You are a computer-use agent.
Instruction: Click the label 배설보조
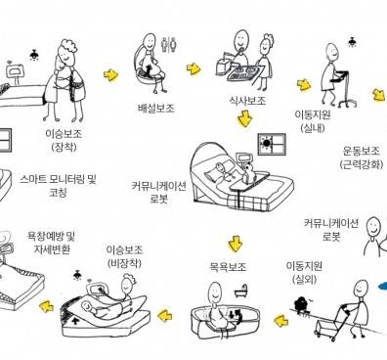pyautogui.click(x=156, y=108)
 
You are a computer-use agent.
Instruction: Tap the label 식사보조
pyautogui.click(x=247, y=100)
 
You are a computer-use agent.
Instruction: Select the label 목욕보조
pyautogui.click(x=228, y=267)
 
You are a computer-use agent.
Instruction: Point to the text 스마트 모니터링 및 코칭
pyautogui.click(x=58, y=186)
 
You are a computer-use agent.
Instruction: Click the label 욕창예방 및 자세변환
pyautogui.click(x=52, y=243)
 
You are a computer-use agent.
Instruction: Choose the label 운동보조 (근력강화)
pyautogui.click(x=361, y=157)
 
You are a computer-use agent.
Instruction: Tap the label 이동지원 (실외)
pyautogui.click(x=304, y=273)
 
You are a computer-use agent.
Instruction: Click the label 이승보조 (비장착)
pyautogui.click(x=124, y=256)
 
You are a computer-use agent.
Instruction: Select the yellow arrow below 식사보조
pyautogui.click(x=244, y=118)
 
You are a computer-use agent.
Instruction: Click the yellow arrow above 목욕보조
pyautogui.click(x=236, y=244)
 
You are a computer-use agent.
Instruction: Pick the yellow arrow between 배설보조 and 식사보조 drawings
pyautogui.click(x=193, y=68)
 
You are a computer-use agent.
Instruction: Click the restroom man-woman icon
pyautogui.click(x=169, y=44)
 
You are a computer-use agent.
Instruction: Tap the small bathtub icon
pyautogui.click(x=241, y=291)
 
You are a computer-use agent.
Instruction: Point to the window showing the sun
pyautogui.click(x=272, y=144)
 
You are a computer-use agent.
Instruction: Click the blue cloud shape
pyautogui.click(x=382, y=287)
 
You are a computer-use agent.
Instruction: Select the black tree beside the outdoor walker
pyautogui.click(x=300, y=303)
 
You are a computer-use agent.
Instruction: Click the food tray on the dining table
pyautogui.click(x=242, y=73)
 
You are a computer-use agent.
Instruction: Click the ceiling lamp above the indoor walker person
pyautogui.click(x=352, y=42)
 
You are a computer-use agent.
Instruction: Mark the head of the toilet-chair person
pyautogui.click(x=150, y=40)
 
